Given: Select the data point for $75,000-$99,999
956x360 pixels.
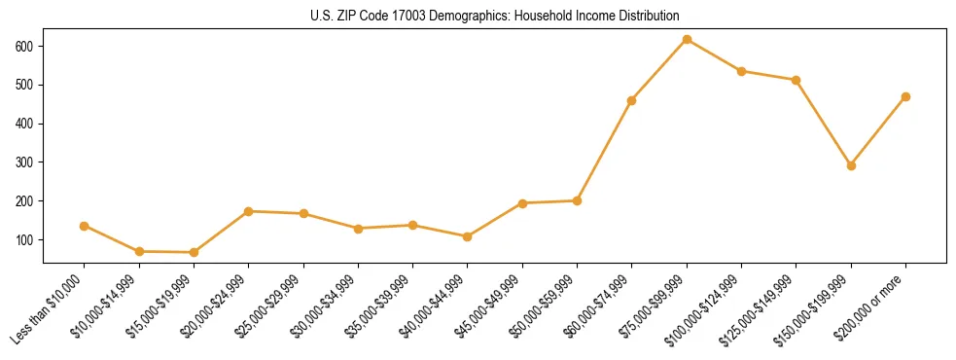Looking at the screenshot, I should (687, 39).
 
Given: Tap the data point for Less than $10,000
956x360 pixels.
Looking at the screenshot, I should (85, 226).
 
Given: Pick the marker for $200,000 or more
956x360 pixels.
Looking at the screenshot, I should (905, 96).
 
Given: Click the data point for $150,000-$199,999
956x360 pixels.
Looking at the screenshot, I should (851, 165).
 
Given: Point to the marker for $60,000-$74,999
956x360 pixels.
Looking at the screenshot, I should (632, 100).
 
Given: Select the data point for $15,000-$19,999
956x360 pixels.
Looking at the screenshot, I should (194, 252).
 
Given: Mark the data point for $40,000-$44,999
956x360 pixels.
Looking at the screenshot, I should (468, 236).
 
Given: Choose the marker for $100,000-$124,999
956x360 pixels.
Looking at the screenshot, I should (741, 71).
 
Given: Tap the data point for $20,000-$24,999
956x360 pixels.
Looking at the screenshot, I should (249, 211).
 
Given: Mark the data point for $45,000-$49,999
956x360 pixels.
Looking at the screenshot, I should (522, 203).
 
